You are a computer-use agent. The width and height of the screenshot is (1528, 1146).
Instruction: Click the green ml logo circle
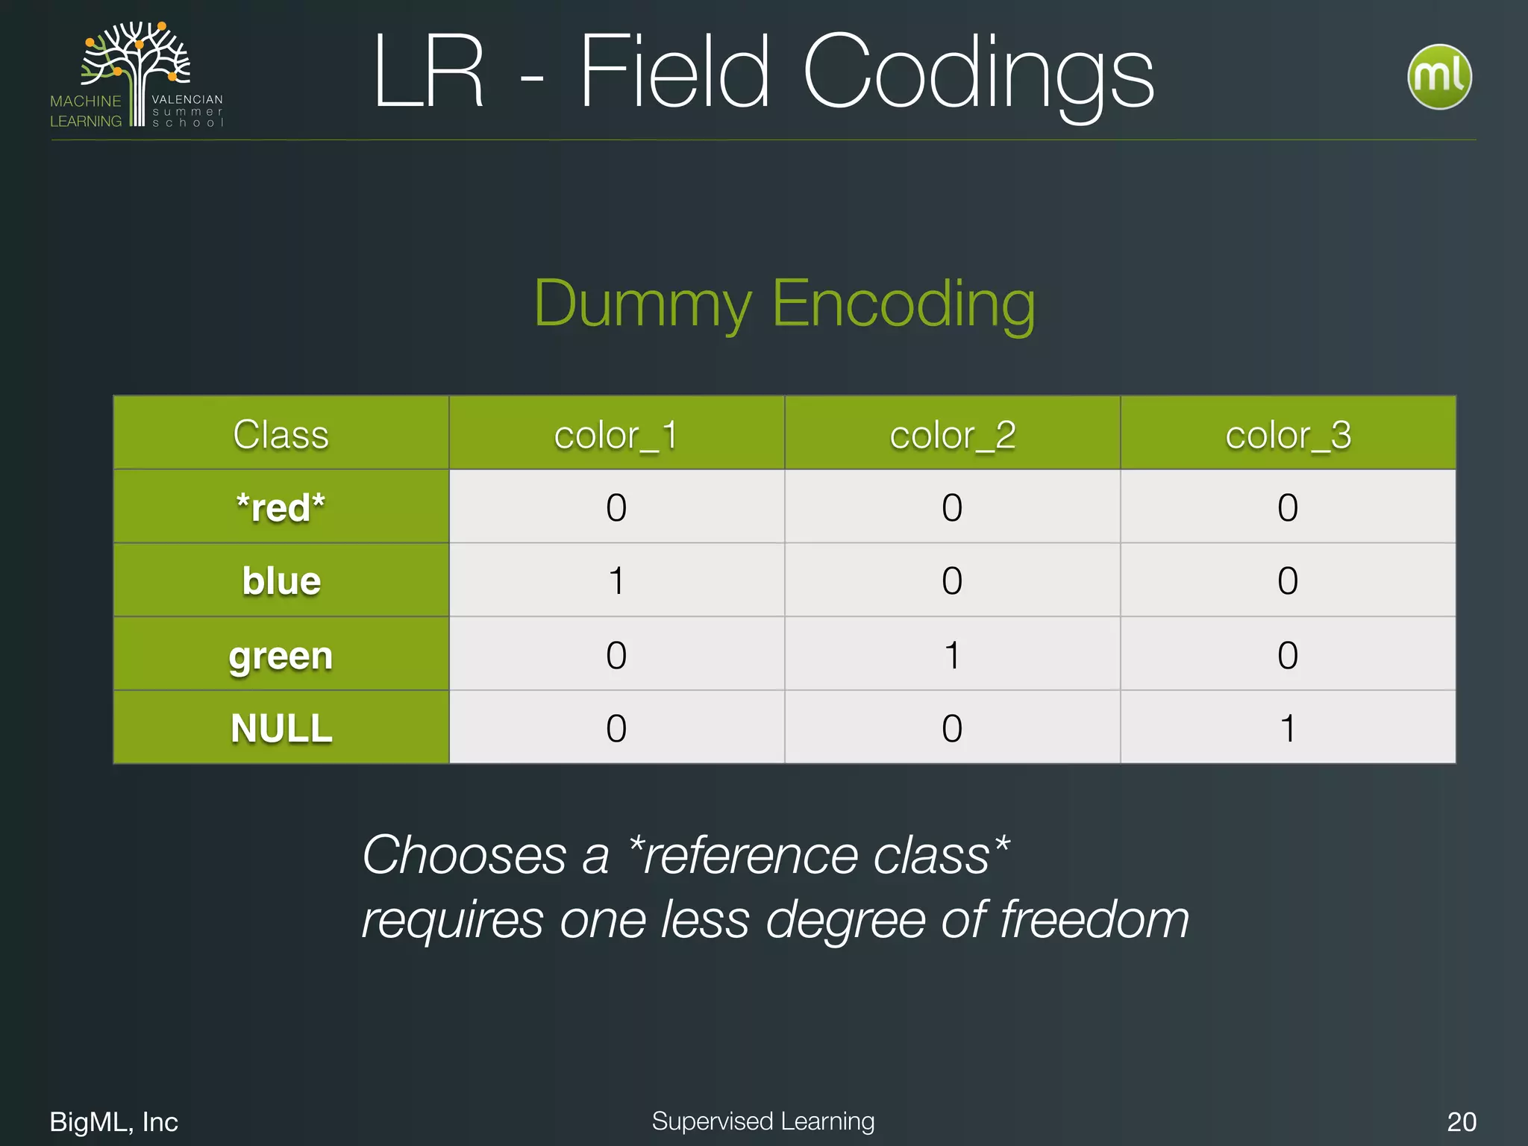(1438, 76)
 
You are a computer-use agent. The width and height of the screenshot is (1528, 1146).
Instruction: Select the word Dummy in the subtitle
(642, 304)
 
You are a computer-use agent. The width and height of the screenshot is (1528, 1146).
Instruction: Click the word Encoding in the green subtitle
(903, 304)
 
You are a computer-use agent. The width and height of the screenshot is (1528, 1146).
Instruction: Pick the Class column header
(281, 434)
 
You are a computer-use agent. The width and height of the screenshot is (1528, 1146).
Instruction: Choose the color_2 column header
(952, 434)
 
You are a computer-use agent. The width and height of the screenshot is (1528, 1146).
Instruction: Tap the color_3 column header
(1288, 434)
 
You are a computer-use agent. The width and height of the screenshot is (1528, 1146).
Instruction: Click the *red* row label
(281, 507)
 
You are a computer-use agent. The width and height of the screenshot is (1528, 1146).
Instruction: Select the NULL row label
(281, 728)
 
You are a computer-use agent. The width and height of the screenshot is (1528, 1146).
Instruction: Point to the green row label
(281, 655)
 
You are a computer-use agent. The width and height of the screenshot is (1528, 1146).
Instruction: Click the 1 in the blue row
(616, 580)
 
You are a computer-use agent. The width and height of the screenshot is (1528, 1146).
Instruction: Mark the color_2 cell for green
(952, 655)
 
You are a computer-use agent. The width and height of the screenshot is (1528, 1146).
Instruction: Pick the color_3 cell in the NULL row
(1288, 728)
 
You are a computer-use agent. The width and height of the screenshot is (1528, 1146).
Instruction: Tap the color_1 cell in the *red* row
(616, 507)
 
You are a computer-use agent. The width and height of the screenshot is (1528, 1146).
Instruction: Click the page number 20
(1461, 1121)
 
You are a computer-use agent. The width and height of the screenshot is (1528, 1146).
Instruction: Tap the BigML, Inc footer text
(113, 1121)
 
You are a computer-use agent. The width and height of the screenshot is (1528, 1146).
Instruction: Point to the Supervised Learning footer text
(763, 1121)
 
